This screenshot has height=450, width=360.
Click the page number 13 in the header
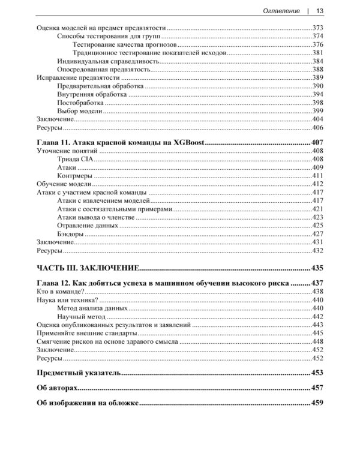(x=320, y=10)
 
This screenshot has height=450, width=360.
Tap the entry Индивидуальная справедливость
(x=108, y=61)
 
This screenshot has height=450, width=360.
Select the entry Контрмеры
(x=75, y=175)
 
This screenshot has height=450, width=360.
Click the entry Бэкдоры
(x=71, y=233)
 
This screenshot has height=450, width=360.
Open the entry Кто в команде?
(x=60, y=291)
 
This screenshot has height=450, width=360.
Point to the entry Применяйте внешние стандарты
(x=86, y=332)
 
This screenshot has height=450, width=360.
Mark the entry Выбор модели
(x=80, y=111)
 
